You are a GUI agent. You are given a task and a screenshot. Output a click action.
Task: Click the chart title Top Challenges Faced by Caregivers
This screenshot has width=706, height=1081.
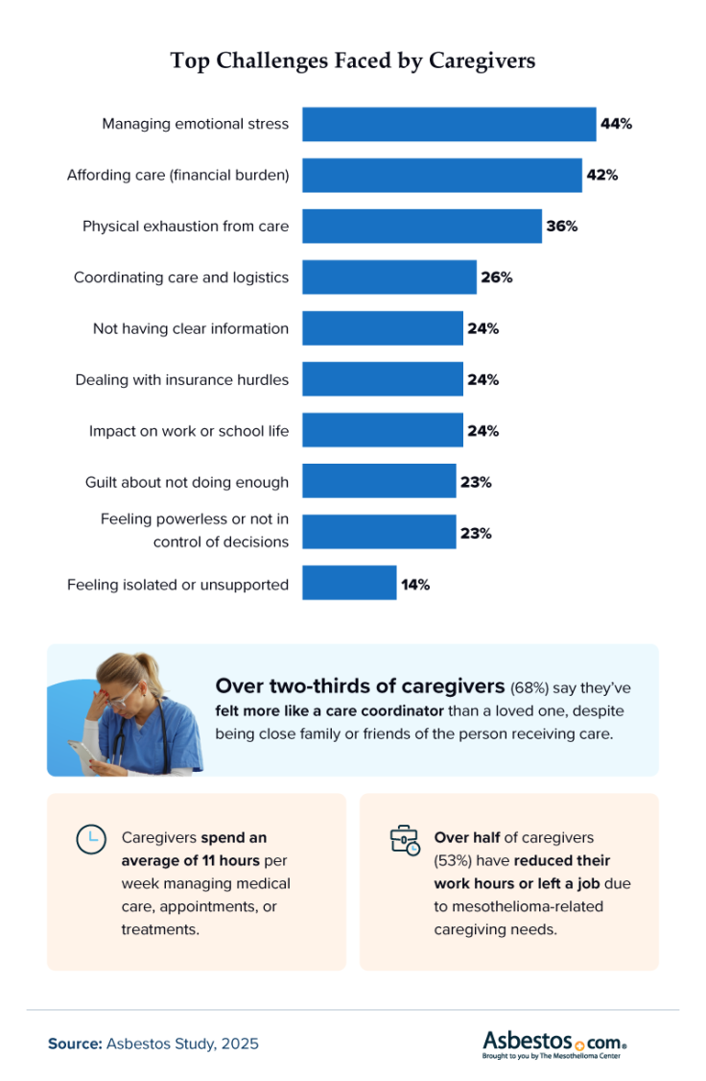352,60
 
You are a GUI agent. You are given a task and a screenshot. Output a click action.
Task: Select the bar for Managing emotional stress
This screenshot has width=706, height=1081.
449,124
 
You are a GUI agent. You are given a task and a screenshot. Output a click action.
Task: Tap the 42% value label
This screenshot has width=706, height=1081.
602,175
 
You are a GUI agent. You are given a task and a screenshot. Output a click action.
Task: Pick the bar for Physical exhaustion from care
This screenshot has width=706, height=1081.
422,227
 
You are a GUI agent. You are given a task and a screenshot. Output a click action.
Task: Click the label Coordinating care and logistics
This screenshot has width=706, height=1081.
181,277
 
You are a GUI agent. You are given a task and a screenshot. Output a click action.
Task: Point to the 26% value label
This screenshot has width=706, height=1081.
497,277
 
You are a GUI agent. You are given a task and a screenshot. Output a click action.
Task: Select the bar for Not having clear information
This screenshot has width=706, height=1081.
383,328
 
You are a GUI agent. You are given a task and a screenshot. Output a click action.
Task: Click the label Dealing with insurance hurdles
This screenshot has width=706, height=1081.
182,379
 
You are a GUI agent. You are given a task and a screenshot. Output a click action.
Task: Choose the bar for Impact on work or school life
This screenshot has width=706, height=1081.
383,431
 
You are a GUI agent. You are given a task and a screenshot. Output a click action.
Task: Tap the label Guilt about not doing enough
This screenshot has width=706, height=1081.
187,482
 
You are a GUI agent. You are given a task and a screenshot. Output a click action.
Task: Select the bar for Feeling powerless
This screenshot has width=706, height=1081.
379,532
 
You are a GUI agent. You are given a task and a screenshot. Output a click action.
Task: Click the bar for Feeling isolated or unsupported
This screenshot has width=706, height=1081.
349,583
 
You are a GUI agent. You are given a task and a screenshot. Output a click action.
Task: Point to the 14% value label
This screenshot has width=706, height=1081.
415,584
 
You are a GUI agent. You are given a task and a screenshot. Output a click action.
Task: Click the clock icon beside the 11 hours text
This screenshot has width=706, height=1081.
89,838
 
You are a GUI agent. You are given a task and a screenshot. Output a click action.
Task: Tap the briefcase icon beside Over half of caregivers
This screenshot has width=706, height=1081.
404,839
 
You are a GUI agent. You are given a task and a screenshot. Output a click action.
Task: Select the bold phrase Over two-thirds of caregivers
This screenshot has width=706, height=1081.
360,686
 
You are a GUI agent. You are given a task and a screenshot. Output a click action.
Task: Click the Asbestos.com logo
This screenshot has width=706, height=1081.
555,1044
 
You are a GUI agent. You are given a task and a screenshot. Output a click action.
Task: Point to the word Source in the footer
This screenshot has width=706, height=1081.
75,1044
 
